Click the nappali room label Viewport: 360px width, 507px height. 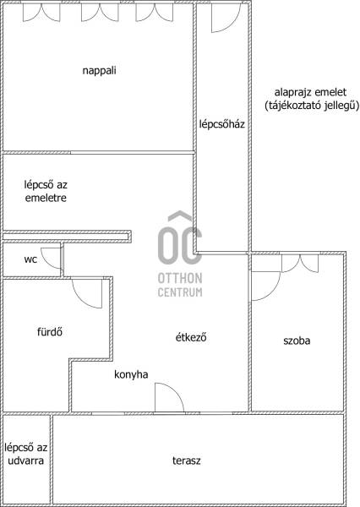pyautogui.click(x=100, y=70)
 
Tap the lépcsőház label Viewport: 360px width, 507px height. pyautogui.click(x=222, y=124)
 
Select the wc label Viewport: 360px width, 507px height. pyautogui.click(x=30, y=259)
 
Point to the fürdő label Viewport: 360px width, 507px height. pyautogui.click(x=50, y=332)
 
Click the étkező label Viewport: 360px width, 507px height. pyautogui.click(x=191, y=337)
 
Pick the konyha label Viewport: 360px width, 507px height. pyautogui.click(x=131, y=374)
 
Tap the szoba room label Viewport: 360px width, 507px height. pyautogui.click(x=297, y=341)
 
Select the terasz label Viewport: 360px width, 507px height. pyautogui.click(x=186, y=461)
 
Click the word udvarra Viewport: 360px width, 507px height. pyautogui.click(x=26, y=461)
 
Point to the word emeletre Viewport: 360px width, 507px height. pyautogui.click(x=46, y=198)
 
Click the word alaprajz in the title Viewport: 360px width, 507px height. pyautogui.click(x=292, y=92)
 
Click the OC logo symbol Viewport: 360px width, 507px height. pyautogui.click(x=180, y=237)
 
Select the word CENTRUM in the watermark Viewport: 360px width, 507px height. pyautogui.click(x=180, y=292)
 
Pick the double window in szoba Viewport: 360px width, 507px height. pyautogui.click(x=300, y=264)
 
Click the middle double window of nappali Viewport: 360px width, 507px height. pyautogui.click(x=100, y=13)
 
